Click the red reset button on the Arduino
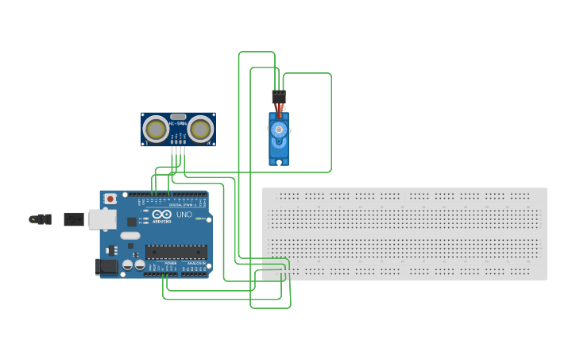click(x=110, y=198)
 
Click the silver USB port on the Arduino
click(x=101, y=219)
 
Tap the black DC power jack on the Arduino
click(x=106, y=266)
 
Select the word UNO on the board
click(x=184, y=215)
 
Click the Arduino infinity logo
click(x=162, y=214)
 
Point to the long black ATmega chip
click(x=176, y=252)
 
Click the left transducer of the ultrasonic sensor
click(x=156, y=129)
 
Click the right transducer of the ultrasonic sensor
click(x=201, y=129)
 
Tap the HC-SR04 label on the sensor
click(x=178, y=123)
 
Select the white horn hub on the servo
click(x=278, y=129)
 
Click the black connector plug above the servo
click(x=279, y=96)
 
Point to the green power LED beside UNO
click(x=203, y=219)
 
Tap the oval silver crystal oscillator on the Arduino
click(x=130, y=235)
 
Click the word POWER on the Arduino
click(x=171, y=263)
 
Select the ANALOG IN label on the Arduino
click(x=195, y=263)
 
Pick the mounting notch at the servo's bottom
click(x=279, y=163)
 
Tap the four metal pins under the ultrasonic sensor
click(x=178, y=151)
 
